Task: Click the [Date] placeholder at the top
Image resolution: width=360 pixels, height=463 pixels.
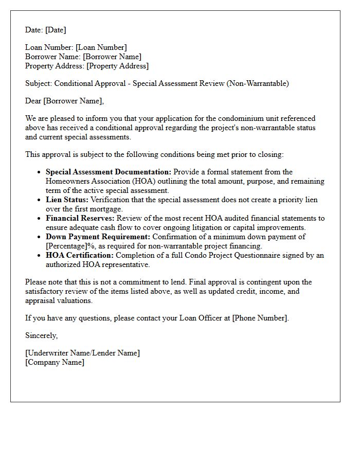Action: pos(55,30)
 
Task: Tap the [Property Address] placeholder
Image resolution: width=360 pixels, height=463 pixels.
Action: pos(117,66)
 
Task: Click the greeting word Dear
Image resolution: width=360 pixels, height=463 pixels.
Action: pos(33,101)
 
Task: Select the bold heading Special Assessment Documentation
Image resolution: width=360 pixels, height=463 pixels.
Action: pos(109,172)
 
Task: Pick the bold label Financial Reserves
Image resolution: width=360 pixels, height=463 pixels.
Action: pos(80,219)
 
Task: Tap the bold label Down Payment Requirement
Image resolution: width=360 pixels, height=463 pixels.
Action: pos(98,237)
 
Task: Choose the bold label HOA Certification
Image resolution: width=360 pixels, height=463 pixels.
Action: pos(79,256)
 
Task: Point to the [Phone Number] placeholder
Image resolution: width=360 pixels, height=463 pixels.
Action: pos(260,318)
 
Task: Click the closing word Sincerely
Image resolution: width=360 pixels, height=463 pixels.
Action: pos(42,336)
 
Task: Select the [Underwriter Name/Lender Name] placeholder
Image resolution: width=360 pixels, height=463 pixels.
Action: pos(82,353)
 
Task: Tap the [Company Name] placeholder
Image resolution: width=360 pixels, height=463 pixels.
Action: pos(55,363)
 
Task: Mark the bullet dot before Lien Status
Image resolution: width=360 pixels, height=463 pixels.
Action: pos(40,200)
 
